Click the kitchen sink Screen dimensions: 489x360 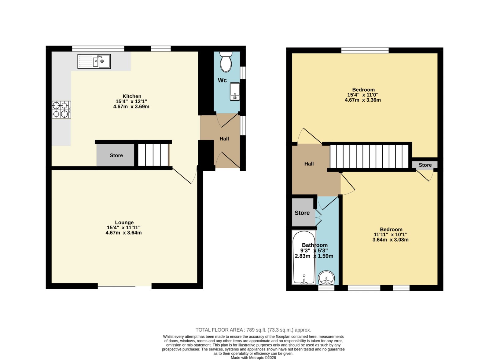(94, 61)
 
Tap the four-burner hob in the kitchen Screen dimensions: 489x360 (61, 110)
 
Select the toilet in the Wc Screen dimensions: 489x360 (226, 62)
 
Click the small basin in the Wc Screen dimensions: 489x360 (235, 92)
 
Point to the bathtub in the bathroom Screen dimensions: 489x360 (304, 257)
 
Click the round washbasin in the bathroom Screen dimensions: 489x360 (326, 278)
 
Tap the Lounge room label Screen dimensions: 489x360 (124, 222)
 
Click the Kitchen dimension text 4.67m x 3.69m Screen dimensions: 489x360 (131, 107)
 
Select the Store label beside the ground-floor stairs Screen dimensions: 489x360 (116, 155)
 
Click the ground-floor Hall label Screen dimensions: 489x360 (224, 139)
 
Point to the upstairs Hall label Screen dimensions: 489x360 (309, 164)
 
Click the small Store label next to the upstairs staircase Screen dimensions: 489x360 (425, 165)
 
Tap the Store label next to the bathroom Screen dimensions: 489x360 (302, 213)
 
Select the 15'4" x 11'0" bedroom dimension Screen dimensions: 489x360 (363, 95)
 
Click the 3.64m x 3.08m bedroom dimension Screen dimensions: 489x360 (390, 240)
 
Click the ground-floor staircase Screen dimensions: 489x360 (153, 155)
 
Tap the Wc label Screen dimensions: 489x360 (222, 80)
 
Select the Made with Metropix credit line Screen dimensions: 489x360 (253, 358)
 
